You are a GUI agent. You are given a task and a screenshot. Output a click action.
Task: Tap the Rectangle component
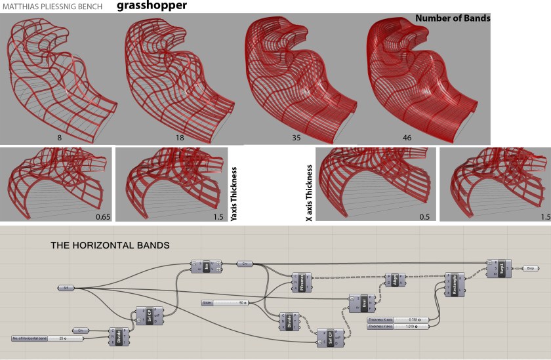click(x=453, y=284)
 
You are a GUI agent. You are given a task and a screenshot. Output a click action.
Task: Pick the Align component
click(x=395, y=277)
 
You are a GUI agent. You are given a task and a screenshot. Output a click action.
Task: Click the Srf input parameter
click(x=65, y=287)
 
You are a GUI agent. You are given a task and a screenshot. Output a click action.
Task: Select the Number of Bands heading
click(x=453, y=19)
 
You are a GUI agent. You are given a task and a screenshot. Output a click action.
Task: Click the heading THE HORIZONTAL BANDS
click(x=110, y=245)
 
